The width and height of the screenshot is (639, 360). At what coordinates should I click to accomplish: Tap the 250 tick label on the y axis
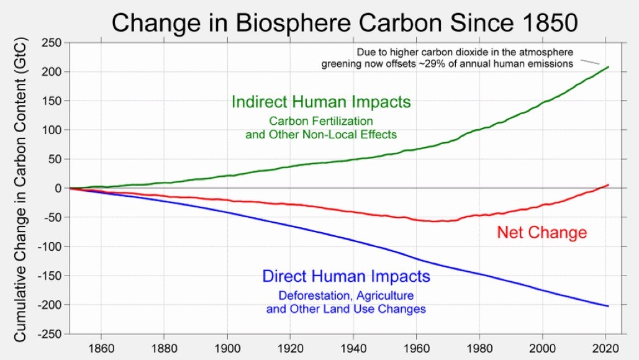52,43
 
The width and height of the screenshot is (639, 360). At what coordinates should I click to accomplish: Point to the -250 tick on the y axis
50,334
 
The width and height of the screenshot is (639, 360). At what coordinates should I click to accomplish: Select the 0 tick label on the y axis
60,188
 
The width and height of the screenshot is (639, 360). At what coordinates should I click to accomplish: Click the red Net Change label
542,233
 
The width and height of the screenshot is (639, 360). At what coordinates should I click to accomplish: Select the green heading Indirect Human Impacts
321,102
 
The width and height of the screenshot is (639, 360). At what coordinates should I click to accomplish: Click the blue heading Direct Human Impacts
346,276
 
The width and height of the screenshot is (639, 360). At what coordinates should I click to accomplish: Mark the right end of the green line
608,67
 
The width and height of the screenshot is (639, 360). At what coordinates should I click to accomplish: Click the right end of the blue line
609,306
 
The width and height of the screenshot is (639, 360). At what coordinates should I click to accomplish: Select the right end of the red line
609,185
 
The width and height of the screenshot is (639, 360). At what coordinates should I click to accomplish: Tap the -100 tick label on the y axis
52,246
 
